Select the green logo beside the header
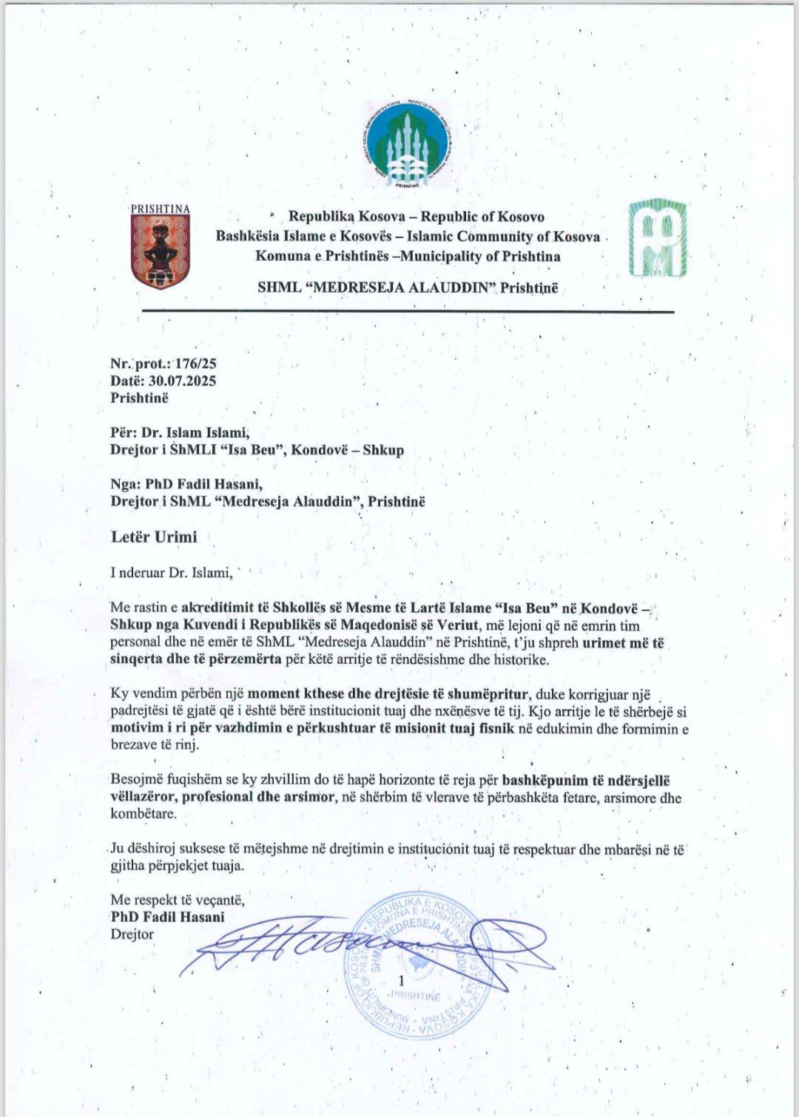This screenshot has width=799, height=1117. (658, 238)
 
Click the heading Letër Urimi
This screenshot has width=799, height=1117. (154, 537)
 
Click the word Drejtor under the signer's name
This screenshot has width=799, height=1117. (132, 934)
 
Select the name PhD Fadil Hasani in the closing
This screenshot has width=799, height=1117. (167, 917)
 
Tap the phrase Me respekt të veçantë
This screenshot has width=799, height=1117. (178, 900)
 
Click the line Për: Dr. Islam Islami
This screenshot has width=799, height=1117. (180, 433)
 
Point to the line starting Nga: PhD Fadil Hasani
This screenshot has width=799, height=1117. (186, 484)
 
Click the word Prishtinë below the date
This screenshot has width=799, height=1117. (139, 398)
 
